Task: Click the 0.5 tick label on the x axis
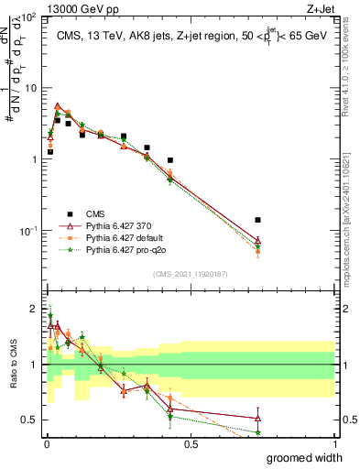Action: pyautogui.click(x=191, y=444)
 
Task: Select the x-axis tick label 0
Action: pyautogui.click(x=47, y=444)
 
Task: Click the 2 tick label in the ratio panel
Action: pyautogui.click(x=34, y=308)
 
